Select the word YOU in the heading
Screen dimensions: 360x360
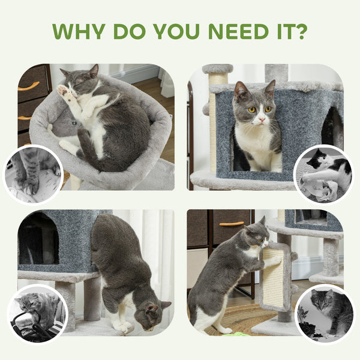click(x=170, y=31)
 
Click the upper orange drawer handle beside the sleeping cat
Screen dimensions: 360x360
click(x=28, y=86)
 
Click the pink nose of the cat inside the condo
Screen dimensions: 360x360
click(x=259, y=121)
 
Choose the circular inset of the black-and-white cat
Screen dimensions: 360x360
click(x=325, y=175)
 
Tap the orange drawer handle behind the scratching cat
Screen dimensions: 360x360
click(x=232, y=224)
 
